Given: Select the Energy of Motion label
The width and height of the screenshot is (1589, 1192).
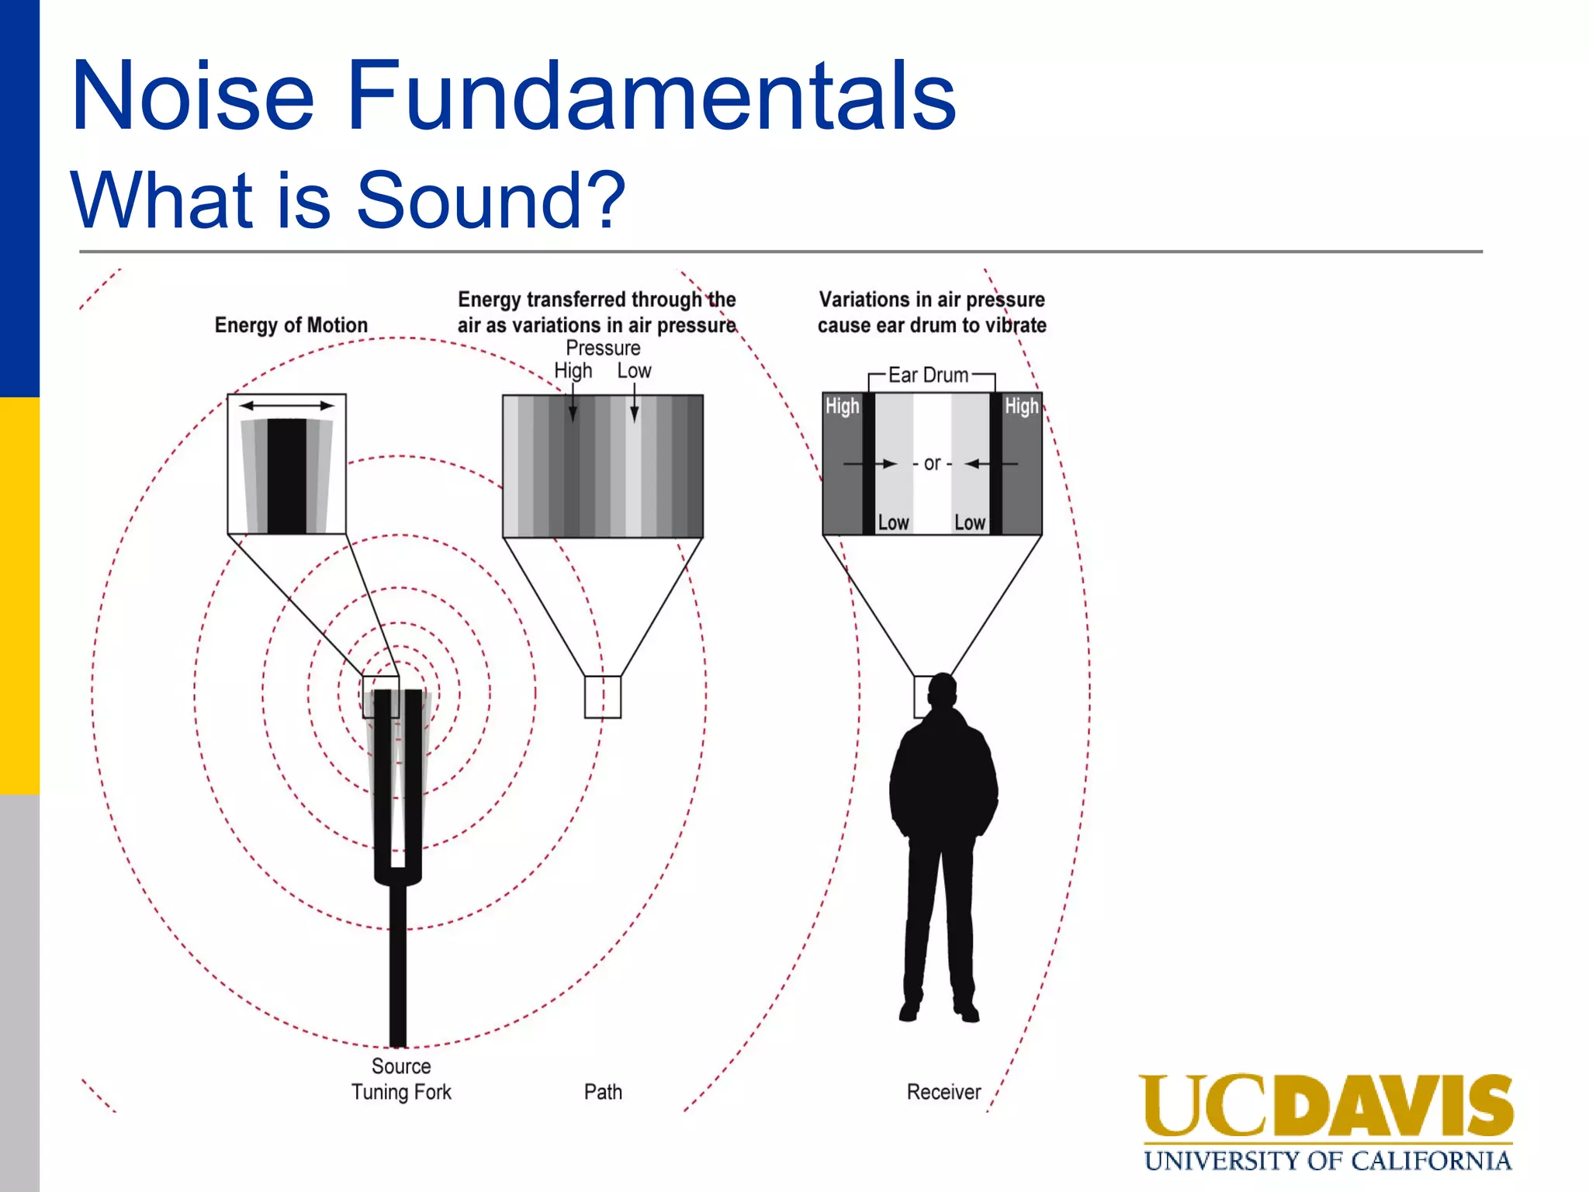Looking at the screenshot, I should click(291, 325).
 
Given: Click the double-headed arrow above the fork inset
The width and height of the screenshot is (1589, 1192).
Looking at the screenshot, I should click(286, 405).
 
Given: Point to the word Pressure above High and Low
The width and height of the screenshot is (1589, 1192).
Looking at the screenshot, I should click(603, 348).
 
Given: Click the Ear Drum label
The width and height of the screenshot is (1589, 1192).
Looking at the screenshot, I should click(929, 376).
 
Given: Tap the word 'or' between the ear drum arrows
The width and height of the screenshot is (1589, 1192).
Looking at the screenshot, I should click(932, 463).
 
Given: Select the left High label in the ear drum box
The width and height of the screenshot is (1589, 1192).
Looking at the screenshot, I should click(842, 406).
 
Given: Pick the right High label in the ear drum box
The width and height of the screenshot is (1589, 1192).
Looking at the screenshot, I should click(1021, 406).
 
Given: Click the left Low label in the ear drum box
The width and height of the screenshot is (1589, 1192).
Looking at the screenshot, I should click(893, 522).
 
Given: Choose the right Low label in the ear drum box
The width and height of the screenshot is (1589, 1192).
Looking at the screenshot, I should click(970, 522).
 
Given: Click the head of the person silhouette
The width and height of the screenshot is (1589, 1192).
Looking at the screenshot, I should click(943, 690).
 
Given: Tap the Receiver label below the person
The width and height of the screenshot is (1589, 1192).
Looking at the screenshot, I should click(943, 1092).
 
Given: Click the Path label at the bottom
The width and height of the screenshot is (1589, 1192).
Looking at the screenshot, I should click(603, 1092).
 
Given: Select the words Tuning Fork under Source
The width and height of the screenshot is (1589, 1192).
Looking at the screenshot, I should click(401, 1092).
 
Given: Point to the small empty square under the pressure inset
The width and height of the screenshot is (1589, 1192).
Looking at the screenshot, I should click(602, 697).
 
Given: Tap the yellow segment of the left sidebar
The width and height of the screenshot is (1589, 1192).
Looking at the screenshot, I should click(19, 596).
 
